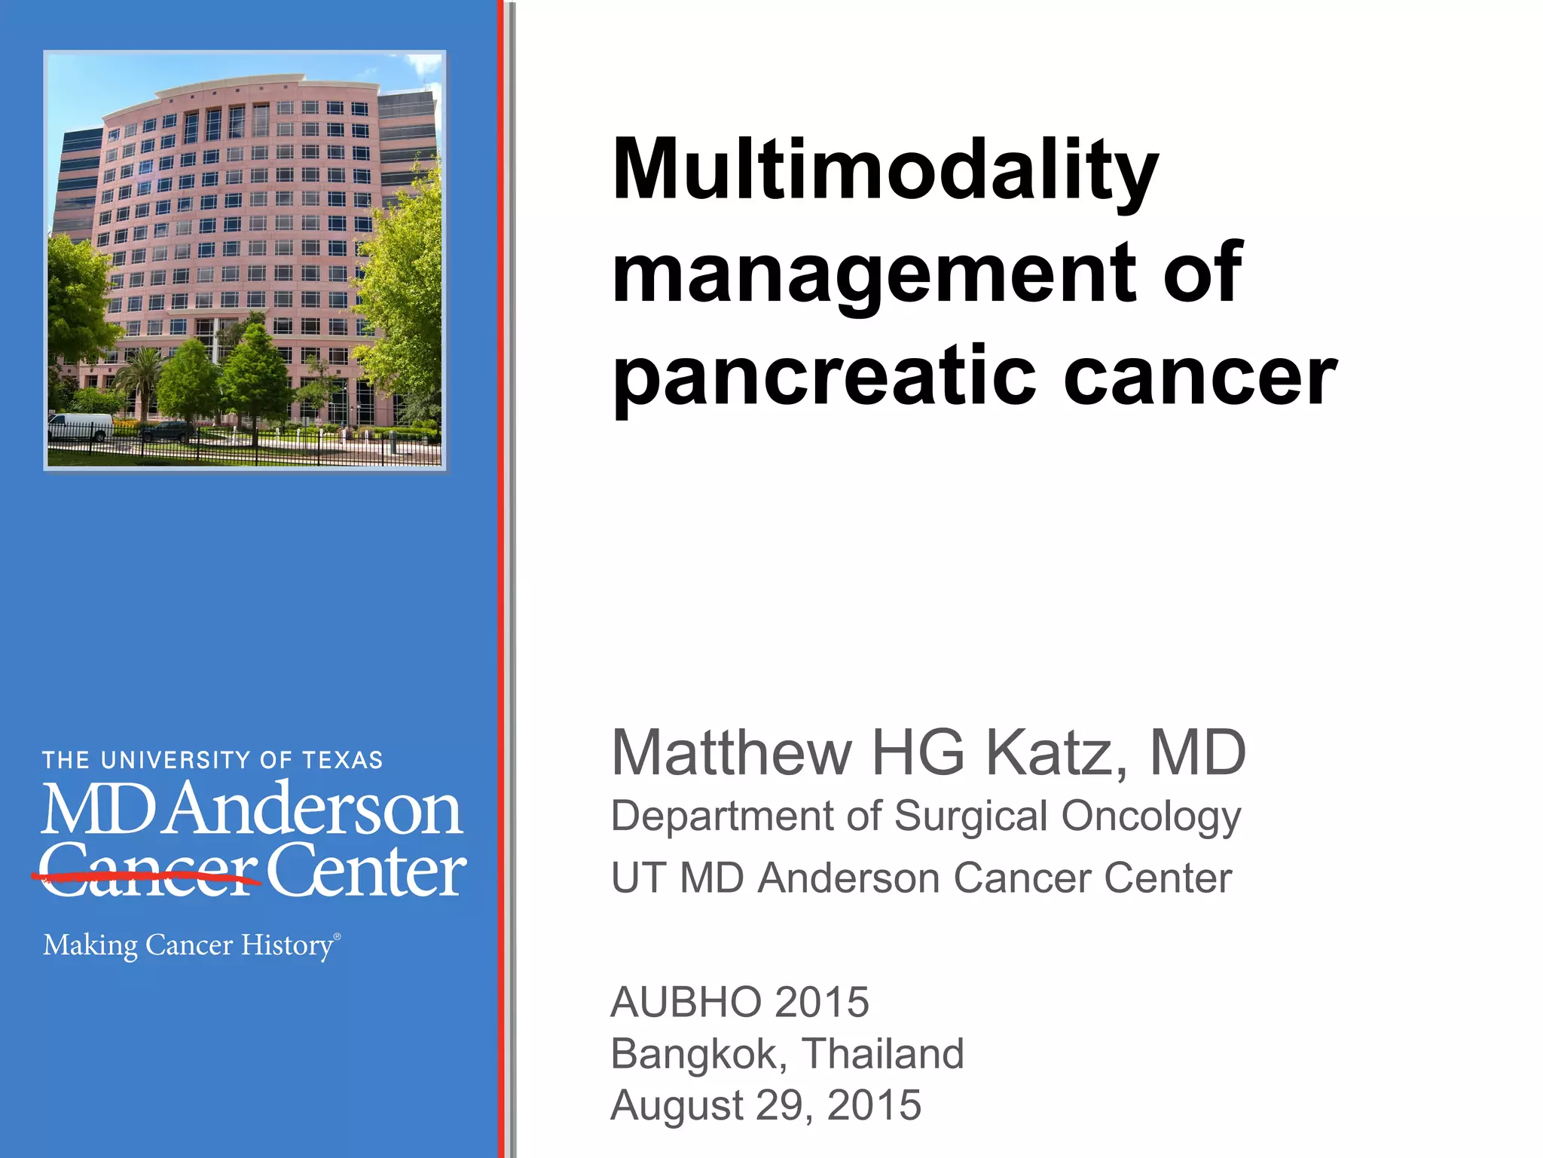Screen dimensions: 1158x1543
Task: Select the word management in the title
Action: (874, 274)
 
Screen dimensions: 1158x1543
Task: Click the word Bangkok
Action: (698, 1054)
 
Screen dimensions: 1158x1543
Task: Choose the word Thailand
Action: (882, 1053)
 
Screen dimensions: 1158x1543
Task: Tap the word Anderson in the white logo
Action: (313, 810)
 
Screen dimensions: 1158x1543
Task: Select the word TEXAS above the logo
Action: (343, 760)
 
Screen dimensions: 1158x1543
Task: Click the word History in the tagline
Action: (286, 945)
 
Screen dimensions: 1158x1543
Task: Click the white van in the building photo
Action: (80, 426)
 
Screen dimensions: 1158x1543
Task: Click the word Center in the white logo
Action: (366, 873)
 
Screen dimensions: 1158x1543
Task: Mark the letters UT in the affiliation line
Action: (637, 878)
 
